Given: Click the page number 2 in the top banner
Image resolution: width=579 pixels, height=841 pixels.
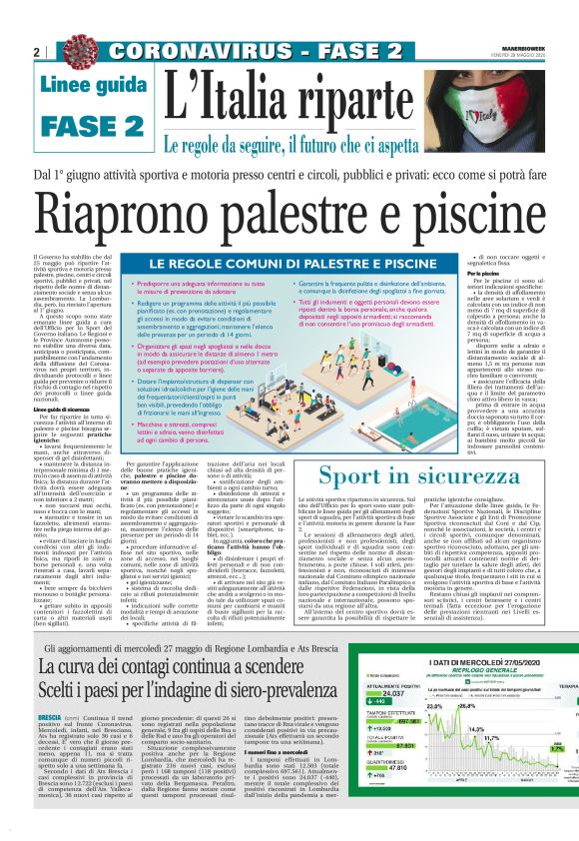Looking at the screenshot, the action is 36,52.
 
